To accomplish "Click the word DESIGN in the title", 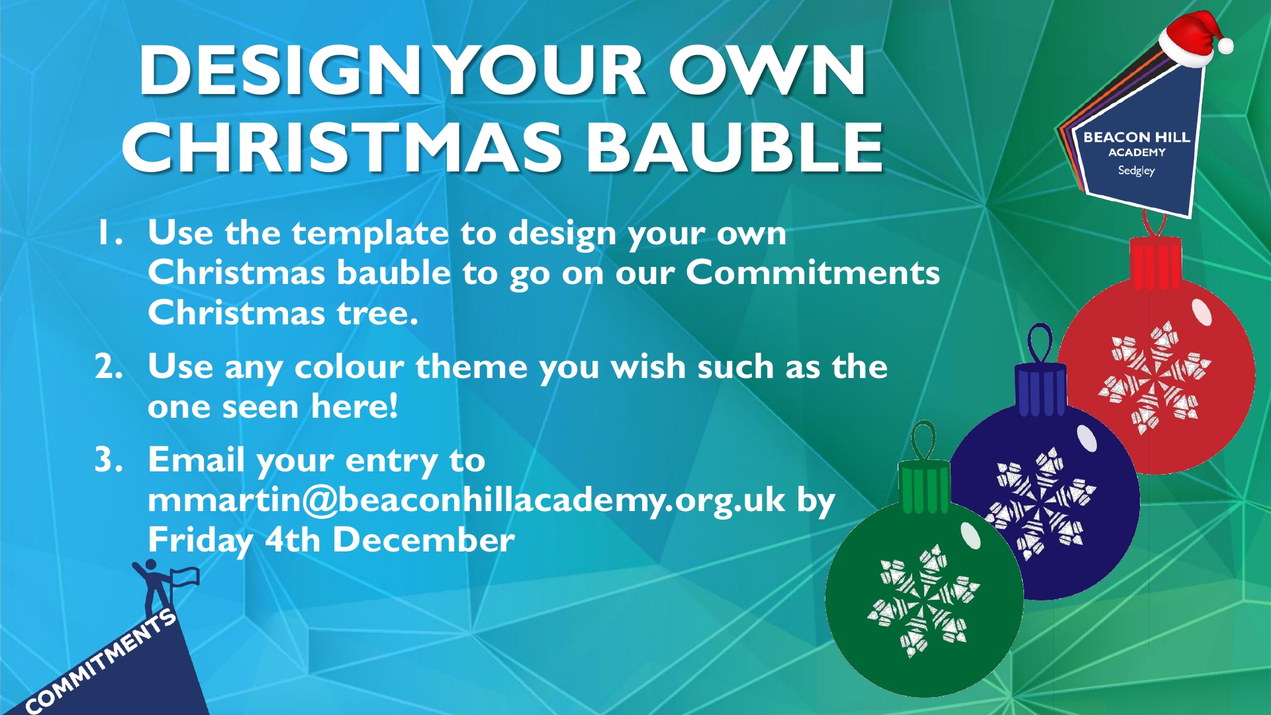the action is pyautogui.click(x=280, y=70).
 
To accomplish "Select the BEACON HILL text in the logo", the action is pyautogui.click(x=1137, y=137).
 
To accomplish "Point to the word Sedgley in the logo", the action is pyautogui.click(x=1137, y=170).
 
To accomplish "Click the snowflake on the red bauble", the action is pyautogui.click(x=1154, y=377).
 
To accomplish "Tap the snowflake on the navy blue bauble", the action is pyautogui.click(x=1041, y=503).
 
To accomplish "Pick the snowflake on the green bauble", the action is pyautogui.click(x=923, y=601).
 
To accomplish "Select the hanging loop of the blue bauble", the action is pyautogui.click(x=1040, y=343).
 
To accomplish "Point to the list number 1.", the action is pyautogui.click(x=109, y=233).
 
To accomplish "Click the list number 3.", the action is pyautogui.click(x=109, y=459).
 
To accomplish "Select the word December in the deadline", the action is pyautogui.click(x=424, y=540).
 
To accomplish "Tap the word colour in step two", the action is pyautogui.click(x=349, y=367).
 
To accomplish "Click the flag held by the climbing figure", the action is pyautogui.click(x=185, y=577).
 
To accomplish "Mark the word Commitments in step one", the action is pyautogui.click(x=813, y=273).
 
